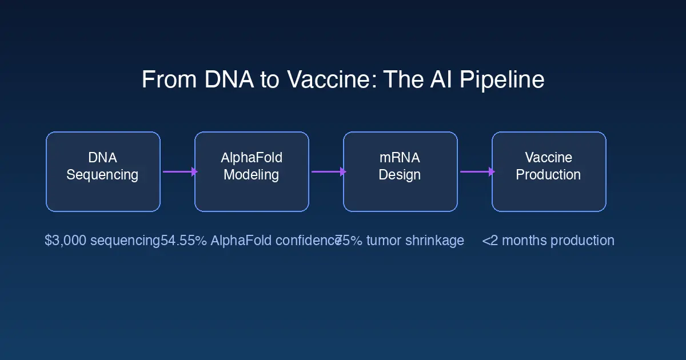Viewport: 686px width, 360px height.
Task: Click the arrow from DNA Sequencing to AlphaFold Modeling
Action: pyautogui.click(x=180, y=171)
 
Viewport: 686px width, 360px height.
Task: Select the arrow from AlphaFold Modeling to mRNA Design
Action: pyautogui.click(x=328, y=171)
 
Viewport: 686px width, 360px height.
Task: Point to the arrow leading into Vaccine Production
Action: pyautogui.click(x=477, y=171)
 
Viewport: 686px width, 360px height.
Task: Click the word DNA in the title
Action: pyautogui.click(x=225, y=79)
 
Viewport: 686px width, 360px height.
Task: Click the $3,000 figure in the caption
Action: pyautogui.click(x=65, y=241)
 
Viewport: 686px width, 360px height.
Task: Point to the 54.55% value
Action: pyautogui.click(x=184, y=241)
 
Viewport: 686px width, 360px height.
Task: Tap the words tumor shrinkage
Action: pyautogui.click(x=415, y=241)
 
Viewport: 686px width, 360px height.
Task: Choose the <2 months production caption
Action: pyautogui.click(x=548, y=241)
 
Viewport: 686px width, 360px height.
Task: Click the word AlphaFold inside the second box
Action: pyautogui.click(x=252, y=158)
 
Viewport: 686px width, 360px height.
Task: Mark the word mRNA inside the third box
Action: pyautogui.click(x=400, y=158)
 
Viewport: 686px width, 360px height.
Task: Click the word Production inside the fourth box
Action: pyautogui.click(x=548, y=175)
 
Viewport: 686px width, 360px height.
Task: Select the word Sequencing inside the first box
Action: pyautogui.click(x=102, y=175)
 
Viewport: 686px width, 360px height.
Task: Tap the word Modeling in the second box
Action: pyautogui.click(x=251, y=175)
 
